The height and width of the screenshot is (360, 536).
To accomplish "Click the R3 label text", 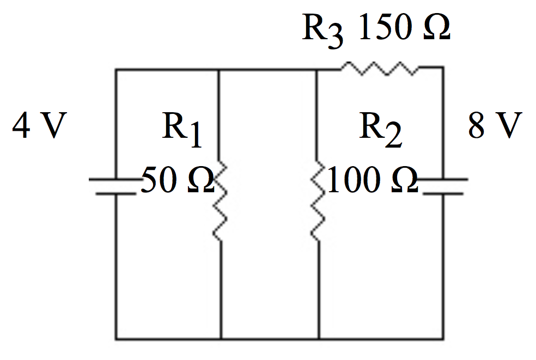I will [323, 31].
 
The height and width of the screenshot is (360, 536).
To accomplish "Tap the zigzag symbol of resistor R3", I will [380, 69].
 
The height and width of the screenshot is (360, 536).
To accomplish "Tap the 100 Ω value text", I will [373, 181].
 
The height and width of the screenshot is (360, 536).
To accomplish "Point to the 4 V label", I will [39, 127].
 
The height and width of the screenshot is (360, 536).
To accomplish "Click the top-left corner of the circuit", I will [116, 69].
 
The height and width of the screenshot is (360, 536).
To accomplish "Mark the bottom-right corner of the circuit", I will [442, 339].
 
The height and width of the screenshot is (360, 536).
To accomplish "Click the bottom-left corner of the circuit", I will [116, 339].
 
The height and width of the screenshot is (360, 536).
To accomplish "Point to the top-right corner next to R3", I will [442, 69].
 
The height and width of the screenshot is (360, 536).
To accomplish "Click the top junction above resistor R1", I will [218, 69].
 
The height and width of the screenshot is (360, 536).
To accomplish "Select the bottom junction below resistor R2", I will [318, 339].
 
